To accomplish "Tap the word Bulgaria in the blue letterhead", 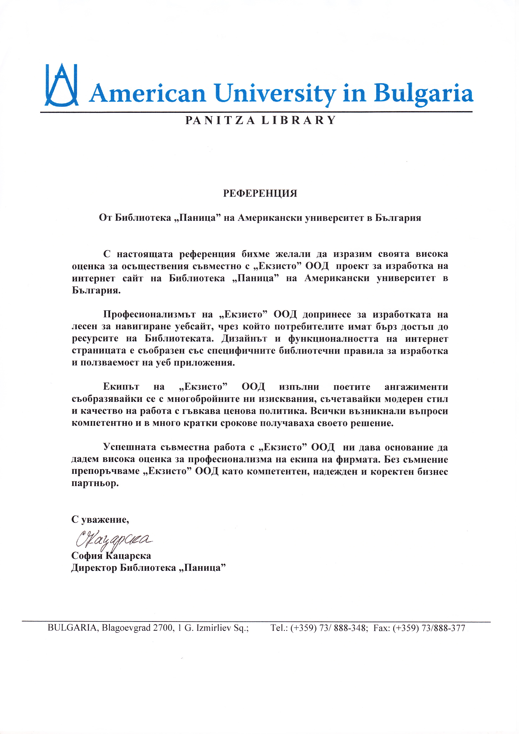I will [423, 94].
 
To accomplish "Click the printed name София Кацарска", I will [111, 556].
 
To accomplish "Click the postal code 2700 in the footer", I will [163, 628].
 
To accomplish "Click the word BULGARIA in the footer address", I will [72, 628].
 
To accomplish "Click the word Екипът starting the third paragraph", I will [121, 387].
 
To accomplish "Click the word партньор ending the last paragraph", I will [95, 483].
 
